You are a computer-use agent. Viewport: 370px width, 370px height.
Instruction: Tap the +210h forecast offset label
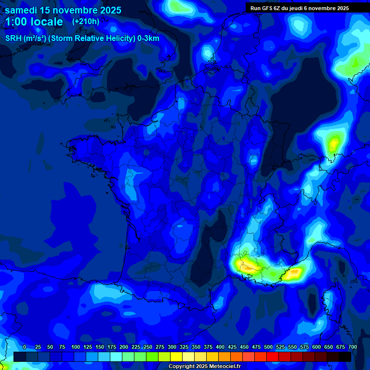85,21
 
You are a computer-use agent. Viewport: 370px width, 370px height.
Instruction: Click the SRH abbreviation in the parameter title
13,39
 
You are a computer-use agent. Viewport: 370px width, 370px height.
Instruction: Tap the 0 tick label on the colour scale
25,347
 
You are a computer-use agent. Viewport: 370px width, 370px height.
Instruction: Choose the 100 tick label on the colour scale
76,347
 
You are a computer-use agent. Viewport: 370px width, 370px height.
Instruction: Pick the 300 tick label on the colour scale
172,347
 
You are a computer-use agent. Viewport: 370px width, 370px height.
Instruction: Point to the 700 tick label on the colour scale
352,347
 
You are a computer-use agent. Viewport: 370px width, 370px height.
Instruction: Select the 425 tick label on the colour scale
232,347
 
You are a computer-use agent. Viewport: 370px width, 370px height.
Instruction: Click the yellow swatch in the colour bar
176,357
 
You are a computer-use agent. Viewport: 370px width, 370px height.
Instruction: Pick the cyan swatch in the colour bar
116,357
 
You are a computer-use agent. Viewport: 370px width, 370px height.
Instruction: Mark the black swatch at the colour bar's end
345,357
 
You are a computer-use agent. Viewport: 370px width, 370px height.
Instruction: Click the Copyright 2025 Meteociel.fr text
204,366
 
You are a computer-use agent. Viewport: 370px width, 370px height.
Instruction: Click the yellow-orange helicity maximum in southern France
246,264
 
